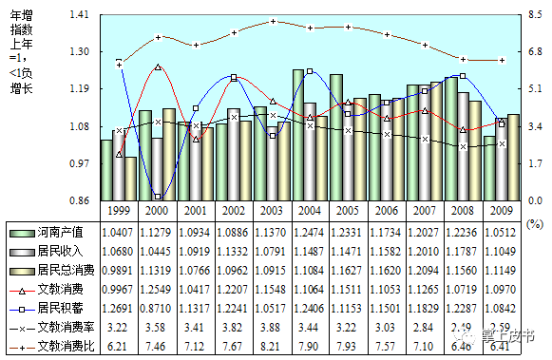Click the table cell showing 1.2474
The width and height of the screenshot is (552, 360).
click(310, 233)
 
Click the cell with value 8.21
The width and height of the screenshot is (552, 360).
click(272, 346)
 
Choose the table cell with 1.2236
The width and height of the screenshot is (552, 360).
click(462, 233)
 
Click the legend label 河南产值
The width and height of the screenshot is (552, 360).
click(59, 233)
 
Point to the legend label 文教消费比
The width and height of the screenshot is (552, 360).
click(63, 346)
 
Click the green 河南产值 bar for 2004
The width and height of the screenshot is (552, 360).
click(298, 133)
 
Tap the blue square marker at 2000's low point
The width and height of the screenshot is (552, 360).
click(158, 197)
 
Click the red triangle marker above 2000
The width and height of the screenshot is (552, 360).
click(158, 67)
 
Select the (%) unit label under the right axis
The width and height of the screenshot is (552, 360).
click(533, 223)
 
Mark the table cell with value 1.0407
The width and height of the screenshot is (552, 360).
click(121, 233)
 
